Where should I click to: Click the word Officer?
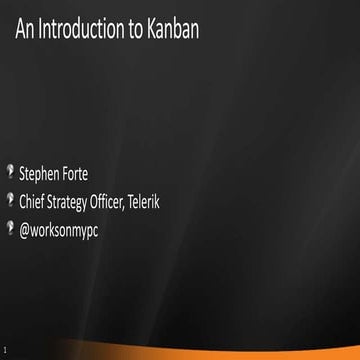128,203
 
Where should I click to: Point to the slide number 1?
5,351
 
